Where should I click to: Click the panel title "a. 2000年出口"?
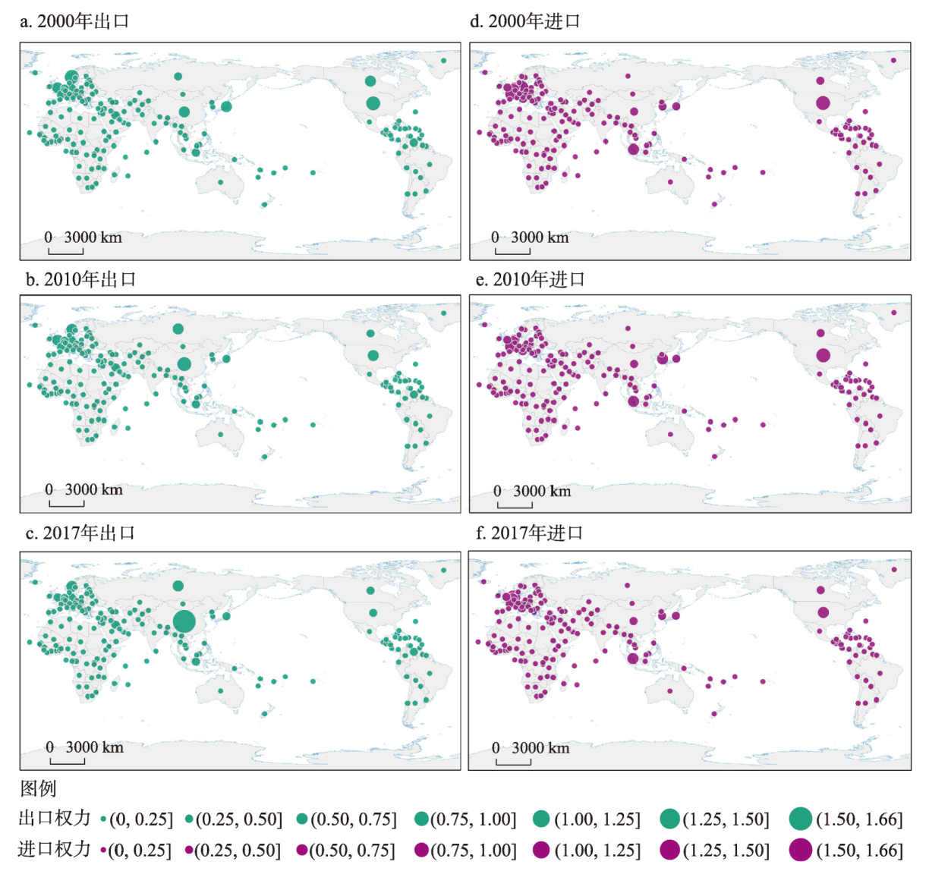point(74,22)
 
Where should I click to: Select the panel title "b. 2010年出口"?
point(80,279)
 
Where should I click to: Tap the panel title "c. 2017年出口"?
point(80,533)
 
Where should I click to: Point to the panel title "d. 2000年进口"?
point(525,22)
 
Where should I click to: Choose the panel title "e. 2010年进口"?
point(527,279)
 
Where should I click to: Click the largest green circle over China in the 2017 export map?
point(184,621)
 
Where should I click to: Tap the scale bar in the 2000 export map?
point(66,251)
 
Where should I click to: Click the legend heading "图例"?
point(38,789)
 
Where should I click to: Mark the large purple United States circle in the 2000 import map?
point(823,103)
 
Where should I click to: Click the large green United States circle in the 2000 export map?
point(373,103)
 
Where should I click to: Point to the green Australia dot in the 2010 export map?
point(220,434)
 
